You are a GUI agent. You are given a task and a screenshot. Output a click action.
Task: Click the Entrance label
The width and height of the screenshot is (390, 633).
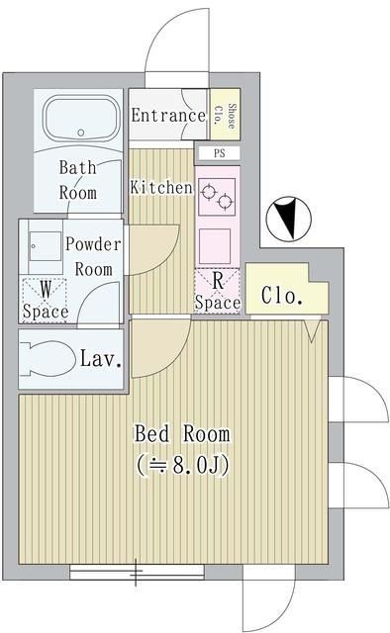point(168,115)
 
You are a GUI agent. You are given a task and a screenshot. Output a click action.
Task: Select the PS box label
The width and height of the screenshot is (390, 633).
point(218,153)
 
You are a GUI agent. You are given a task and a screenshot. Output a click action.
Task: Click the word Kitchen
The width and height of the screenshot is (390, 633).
point(160,187)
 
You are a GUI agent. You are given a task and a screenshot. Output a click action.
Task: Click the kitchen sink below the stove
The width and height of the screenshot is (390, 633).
point(215,241)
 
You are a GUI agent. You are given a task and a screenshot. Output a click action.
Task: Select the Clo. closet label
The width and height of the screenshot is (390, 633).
point(281,296)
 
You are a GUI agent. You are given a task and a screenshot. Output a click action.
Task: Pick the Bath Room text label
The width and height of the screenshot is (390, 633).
point(77,179)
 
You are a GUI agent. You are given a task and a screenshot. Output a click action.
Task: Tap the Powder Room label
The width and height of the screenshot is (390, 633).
point(93,255)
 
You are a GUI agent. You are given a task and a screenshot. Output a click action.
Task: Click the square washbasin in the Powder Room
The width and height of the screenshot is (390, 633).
point(44,247)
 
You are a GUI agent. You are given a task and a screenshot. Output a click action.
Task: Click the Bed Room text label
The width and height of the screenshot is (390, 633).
point(182,433)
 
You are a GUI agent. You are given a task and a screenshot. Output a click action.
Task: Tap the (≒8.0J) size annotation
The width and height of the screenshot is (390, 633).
point(183,465)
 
